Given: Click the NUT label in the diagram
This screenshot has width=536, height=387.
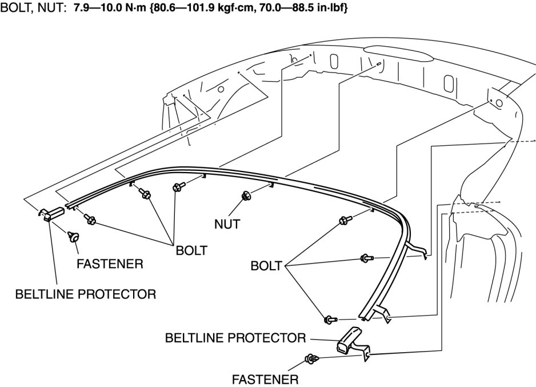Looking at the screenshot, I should tap(226, 225).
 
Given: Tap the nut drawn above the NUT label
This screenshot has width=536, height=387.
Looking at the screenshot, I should tap(246, 196).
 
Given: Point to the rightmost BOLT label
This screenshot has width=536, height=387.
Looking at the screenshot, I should tap(266, 266).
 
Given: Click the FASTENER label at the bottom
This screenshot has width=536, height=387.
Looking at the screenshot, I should tap(265, 379).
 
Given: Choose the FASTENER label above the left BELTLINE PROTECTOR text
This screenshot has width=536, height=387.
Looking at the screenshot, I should tap(110, 265).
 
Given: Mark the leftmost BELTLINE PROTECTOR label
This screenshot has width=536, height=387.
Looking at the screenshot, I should tap(86, 294).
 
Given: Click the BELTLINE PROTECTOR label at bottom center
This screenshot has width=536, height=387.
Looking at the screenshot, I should tap(235, 337).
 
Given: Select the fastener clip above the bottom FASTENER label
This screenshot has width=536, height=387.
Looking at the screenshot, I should tap(312, 359).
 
